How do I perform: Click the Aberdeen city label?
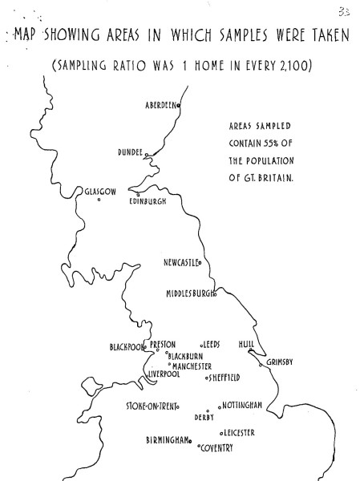[x=160, y=106]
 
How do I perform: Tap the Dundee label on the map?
[x=129, y=152]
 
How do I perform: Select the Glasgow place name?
[x=100, y=191]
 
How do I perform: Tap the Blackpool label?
[x=126, y=347]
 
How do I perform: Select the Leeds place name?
[x=211, y=345]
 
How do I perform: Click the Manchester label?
[x=192, y=366]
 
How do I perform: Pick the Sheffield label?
[x=225, y=377]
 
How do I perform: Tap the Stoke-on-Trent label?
[x=151, y=406]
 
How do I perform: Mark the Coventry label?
[x=216, y=448]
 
